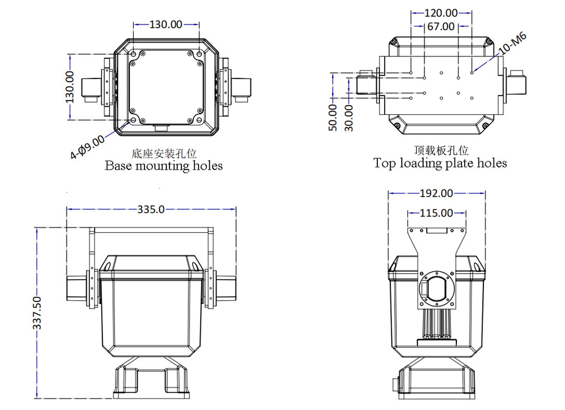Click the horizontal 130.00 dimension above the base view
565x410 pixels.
click(x=166, y=24)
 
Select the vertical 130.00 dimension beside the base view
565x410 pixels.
click(x=70, y=86)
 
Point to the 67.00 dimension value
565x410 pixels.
click(x=441, y=26)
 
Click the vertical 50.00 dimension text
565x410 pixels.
click(x=333, y=117)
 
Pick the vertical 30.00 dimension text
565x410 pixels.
click(x=348, y=117)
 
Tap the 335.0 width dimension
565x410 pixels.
click(x=151, y=209)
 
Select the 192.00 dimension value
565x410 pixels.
click(x=437, y=193)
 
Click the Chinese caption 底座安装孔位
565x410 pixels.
click(x=163, y=153)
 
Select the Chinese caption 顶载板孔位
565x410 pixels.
click(x=441, y=150)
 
